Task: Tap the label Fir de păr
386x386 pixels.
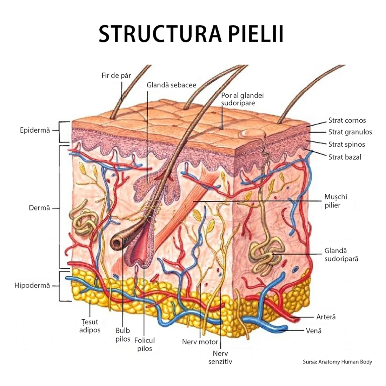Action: coord(116,75)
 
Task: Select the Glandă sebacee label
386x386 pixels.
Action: coord(171,85)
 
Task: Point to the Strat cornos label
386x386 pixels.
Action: coord(347,120)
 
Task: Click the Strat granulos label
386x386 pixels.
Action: coord(350,132)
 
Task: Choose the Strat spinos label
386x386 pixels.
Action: coord(347,144)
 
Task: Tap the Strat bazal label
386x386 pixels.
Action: coord(345,157)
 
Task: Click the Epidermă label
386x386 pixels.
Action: coord(35,131)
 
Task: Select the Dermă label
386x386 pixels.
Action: coord(39,208)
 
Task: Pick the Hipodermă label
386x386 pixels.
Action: coord(32,286)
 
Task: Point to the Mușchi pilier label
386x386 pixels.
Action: coord(336,201)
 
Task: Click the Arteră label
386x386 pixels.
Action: coord(326,317)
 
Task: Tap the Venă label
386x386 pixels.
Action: coord(314,331)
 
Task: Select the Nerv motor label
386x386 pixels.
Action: coord(200,342)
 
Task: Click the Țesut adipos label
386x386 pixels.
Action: coord(90,326)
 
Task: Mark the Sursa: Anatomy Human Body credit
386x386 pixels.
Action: coord(337,362)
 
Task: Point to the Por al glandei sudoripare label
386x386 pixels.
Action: coord(242,99)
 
